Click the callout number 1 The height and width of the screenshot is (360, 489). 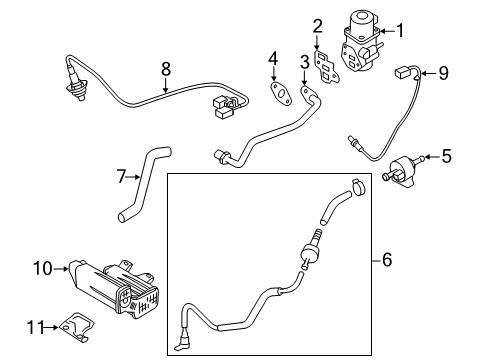coord(400,31)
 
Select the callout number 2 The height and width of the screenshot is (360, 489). coord(318,26)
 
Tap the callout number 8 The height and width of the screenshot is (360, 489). coord(166,69)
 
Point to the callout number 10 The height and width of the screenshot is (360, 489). coord(43,268)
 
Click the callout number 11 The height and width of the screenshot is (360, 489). coord(35,327)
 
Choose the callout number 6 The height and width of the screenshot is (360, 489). coord(387,259)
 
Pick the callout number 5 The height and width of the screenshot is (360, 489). coord(447,156)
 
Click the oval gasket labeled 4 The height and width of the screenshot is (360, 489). coord(281,93)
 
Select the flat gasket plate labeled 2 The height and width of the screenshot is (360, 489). coord(326,67)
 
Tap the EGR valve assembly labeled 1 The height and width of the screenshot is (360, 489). coord(360,42)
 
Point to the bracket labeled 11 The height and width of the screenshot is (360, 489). coord(77,327)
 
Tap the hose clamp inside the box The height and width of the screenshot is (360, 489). coord(358,187)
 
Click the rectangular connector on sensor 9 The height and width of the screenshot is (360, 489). coord(401,72)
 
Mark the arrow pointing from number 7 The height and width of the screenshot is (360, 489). coord(133,177)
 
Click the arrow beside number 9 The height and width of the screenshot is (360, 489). coord(428,73)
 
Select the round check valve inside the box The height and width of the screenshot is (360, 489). coord(309,252)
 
